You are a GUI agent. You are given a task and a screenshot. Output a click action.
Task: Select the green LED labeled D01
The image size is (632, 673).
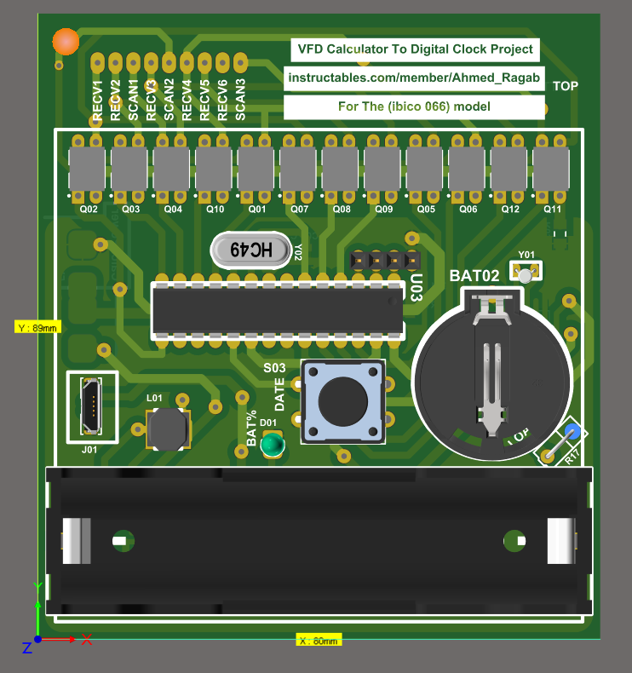coord(273,445)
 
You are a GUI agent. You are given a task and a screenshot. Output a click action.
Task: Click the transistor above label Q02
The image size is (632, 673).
coord(88,168)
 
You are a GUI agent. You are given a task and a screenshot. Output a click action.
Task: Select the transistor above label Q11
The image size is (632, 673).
coord(551,168)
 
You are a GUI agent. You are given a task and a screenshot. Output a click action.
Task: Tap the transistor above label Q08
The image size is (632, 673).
coord(341,168)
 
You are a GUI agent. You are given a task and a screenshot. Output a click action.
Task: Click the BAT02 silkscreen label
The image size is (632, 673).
coord(474,276)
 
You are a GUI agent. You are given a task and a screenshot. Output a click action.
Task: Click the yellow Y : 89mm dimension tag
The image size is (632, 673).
coord(37,327)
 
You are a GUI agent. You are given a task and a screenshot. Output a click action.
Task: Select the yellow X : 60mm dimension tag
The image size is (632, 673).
coord(319,640)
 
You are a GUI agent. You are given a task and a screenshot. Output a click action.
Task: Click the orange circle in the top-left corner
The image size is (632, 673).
coord(66,40)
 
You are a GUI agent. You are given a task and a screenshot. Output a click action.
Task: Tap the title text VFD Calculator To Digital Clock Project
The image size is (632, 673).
coord(415,50)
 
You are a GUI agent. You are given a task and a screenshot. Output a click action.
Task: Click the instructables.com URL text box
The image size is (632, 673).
coord(414,78)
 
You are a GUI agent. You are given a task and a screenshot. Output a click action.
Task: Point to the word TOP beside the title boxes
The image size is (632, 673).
coord(566,86)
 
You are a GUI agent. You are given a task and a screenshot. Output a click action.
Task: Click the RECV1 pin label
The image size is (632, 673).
coord(98,101)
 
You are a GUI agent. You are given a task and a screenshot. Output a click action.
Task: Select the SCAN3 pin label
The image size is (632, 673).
coord(241,100)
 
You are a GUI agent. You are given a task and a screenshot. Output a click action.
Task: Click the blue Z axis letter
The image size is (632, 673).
coord(27,648)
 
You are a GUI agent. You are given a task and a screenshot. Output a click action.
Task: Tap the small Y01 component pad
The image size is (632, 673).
coord(526,274)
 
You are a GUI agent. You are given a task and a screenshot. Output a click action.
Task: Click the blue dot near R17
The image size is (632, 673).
coord(572,431)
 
